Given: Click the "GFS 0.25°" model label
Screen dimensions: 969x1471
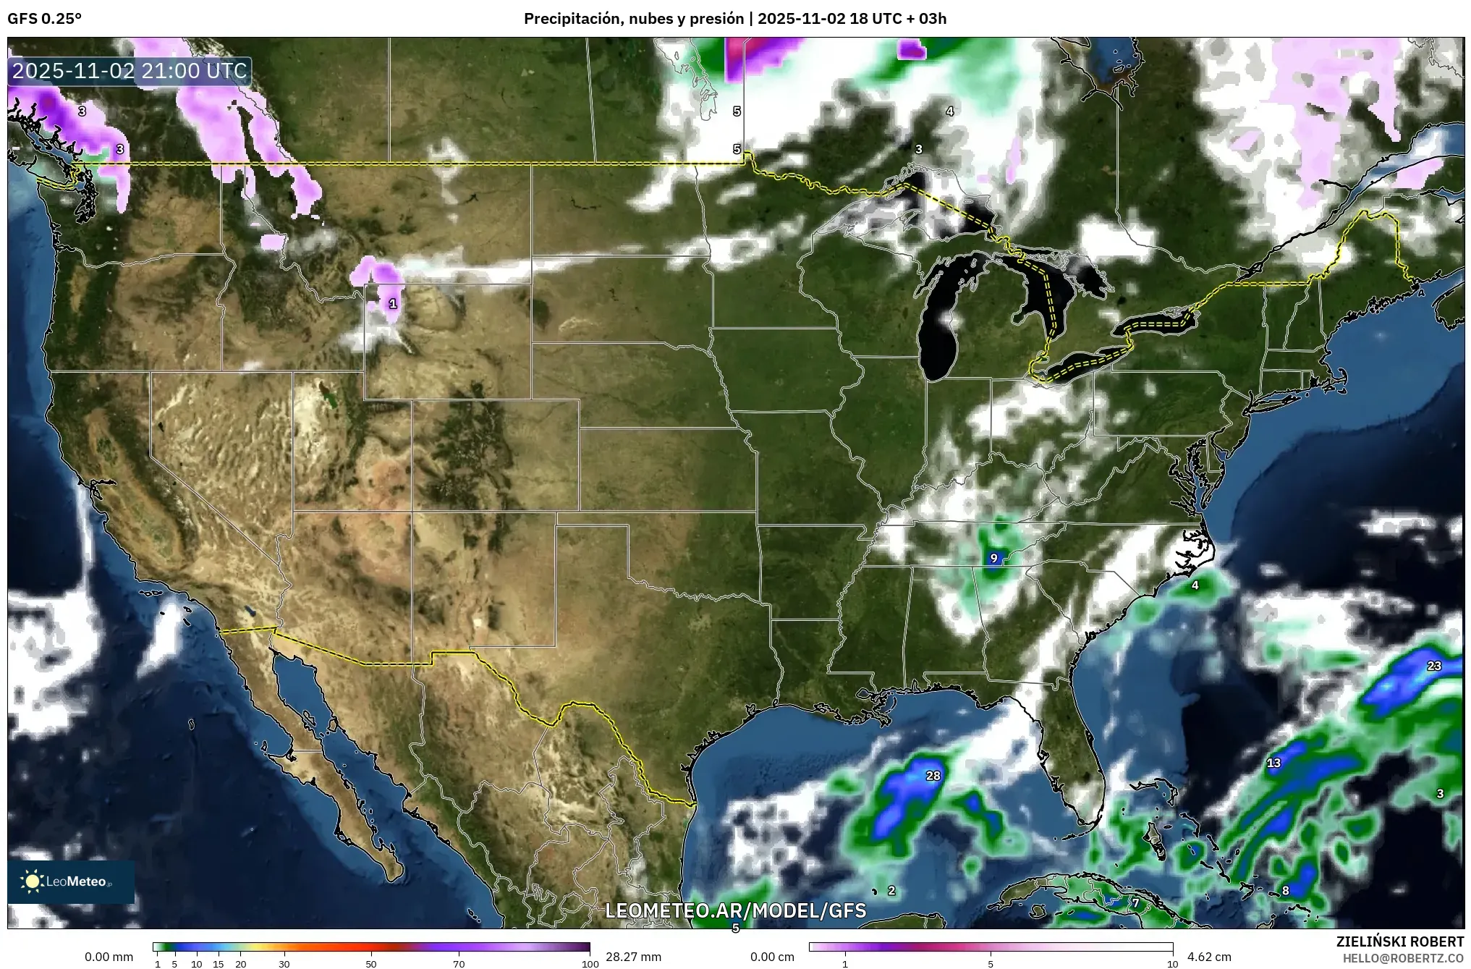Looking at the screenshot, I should (x=44, y=19).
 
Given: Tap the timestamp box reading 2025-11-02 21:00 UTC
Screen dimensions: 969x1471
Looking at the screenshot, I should (x=130, y=71).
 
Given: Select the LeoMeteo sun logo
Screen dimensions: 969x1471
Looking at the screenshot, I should (x=32, y=881).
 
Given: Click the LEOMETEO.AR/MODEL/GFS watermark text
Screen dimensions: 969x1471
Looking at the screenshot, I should (x=735, y=910).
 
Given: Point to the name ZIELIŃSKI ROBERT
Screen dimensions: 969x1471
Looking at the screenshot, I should (x=1399, y=942).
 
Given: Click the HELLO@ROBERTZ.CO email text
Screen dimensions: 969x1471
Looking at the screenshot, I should (x=1403, y=957).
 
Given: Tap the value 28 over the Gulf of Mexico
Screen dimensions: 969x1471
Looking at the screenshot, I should (x=933, y=776).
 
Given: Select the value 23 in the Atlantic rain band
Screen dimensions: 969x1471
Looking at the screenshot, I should (x=1433, y=666).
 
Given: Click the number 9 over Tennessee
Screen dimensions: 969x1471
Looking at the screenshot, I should (x=993, y=558).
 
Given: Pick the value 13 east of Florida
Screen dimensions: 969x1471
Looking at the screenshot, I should (x=1273, y=763).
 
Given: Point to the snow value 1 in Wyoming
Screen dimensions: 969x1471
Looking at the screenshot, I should (x=393, y=304).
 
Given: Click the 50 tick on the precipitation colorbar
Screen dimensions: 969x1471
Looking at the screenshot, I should (x=371, y=963).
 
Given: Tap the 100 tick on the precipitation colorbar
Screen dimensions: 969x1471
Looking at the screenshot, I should (x=590, y=963).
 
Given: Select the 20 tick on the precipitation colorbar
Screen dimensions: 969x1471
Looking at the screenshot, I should (x=241, y=963).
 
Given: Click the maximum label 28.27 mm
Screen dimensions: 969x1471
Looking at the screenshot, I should (x=633, y=957).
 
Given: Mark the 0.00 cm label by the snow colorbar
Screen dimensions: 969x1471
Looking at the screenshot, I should (x=772, y=957).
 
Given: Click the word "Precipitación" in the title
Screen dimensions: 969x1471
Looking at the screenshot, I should (x=571, y=19).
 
